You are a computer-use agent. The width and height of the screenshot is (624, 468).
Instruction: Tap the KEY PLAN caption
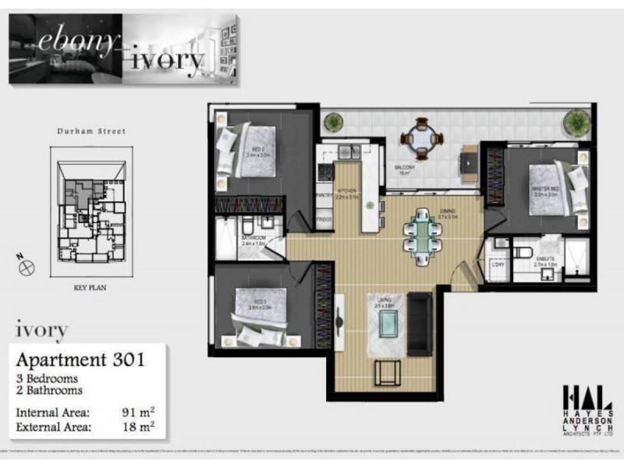89,287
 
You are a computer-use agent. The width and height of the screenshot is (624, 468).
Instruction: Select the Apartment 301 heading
81,360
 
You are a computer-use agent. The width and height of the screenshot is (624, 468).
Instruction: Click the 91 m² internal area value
137,411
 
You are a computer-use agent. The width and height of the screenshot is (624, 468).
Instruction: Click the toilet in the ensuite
523,251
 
